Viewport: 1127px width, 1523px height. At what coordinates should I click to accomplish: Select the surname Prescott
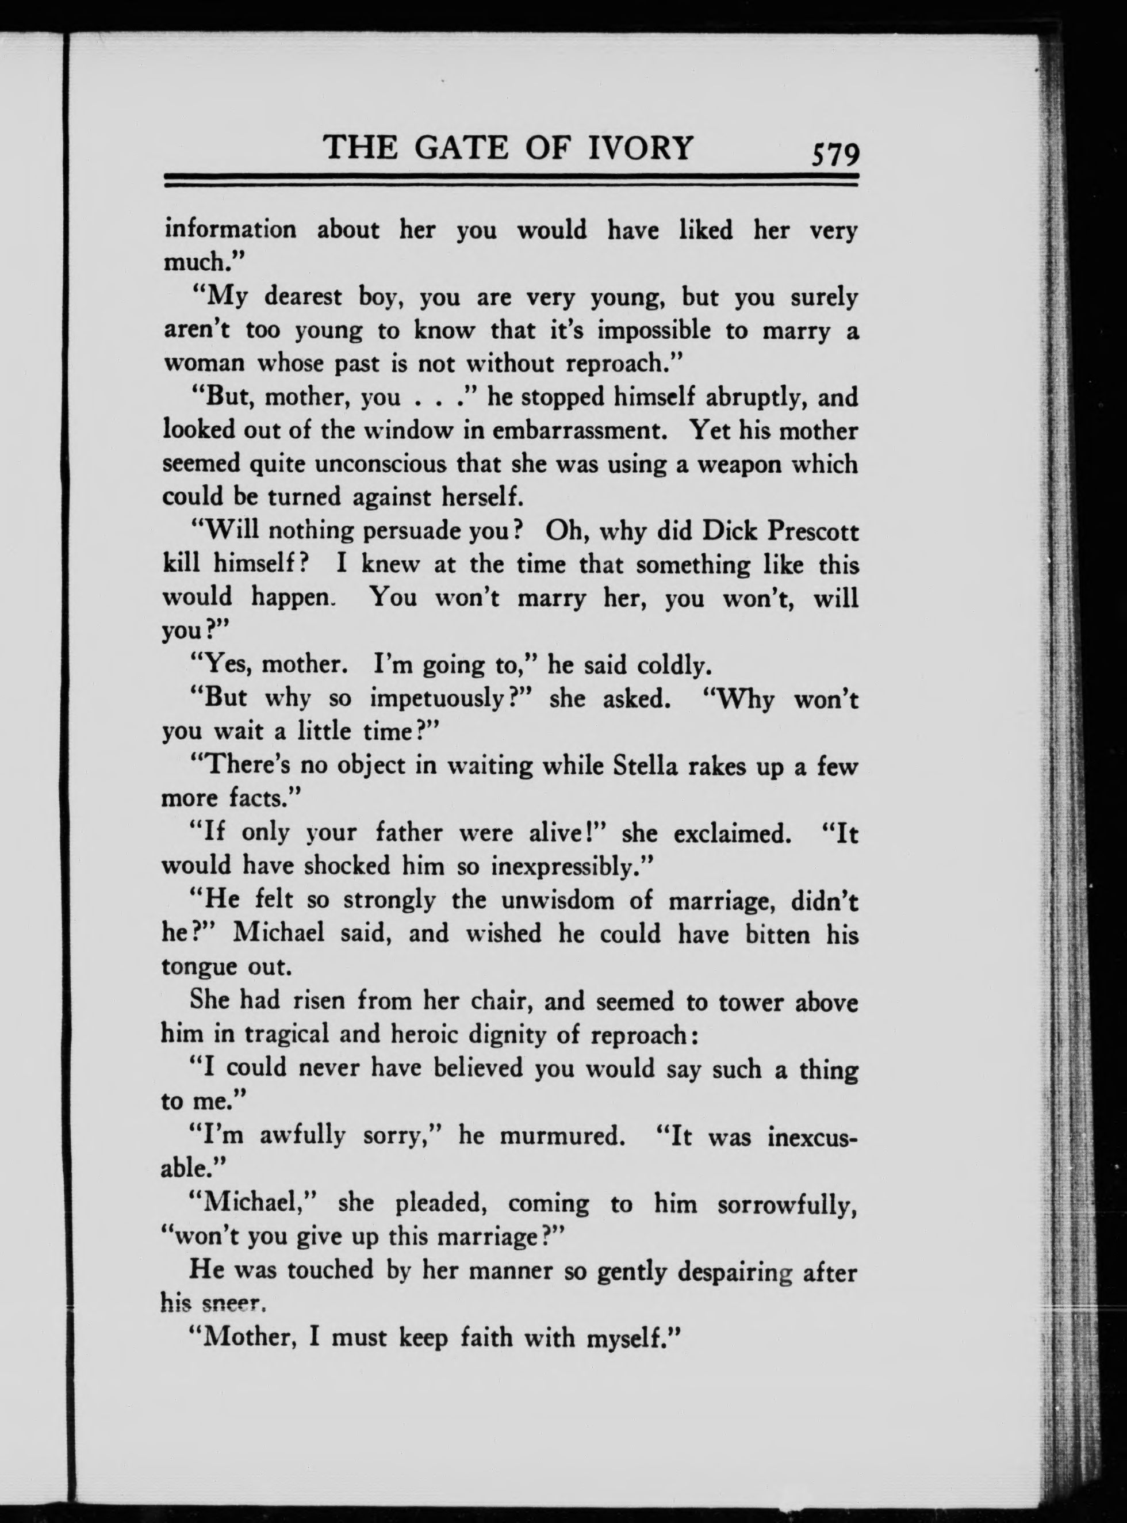(815, 531)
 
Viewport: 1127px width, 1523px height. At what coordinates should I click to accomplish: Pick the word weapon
(746, 465)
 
